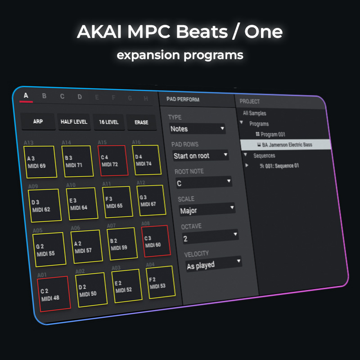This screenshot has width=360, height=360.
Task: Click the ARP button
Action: click(38, 121)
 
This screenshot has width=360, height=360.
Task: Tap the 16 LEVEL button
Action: click(109, 122)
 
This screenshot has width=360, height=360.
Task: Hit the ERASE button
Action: click(141, 122)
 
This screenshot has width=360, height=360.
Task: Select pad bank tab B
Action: click(44, 96)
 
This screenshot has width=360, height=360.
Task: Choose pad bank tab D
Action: click(80, 97)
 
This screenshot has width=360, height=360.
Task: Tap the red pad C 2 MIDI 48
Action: click(54, 294)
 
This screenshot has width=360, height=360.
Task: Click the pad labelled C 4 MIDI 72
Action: click(113, 161)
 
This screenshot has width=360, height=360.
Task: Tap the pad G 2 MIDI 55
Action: click(49, 250)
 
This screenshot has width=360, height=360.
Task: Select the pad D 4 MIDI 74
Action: click(147, 160)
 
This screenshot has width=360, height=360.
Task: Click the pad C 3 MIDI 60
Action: click(156, 241)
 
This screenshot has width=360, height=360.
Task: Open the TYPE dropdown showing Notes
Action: click(197, 129)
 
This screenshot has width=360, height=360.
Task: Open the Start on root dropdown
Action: click(200, 155)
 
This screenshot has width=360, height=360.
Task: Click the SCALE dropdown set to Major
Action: click(207, 209)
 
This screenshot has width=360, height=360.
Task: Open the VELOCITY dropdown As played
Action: click(213, 264)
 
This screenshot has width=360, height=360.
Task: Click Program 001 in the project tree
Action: click(270, 134)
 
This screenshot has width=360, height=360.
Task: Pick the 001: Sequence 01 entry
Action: click(279, 166)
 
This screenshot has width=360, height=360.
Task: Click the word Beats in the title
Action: click(202, 31)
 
